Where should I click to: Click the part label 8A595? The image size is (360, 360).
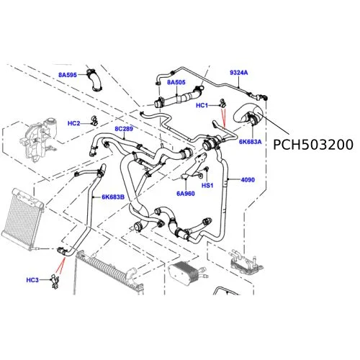[68, 75]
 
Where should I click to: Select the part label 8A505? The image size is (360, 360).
[176, 82]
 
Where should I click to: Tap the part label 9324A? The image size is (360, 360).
[239, 73]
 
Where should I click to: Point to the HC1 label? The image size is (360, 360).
[202, 105]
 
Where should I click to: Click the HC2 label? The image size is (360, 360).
[73, 123]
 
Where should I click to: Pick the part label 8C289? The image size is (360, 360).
[124, 129]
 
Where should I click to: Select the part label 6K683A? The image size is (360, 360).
[251, 142]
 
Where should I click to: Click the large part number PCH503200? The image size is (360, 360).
[313, 145]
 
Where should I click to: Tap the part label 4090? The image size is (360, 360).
[248, 179]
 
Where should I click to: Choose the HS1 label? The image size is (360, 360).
[207, 185]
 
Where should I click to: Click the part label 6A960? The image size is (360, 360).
[186, 194]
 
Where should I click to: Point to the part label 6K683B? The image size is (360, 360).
[113, 197]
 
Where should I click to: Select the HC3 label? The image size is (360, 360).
[32, 280]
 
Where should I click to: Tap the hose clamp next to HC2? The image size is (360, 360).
[94, 121]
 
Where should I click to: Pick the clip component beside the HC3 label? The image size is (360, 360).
[55, 282]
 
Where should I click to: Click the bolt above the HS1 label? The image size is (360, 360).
[207, 169]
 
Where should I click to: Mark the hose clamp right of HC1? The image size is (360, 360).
[222, 103]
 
